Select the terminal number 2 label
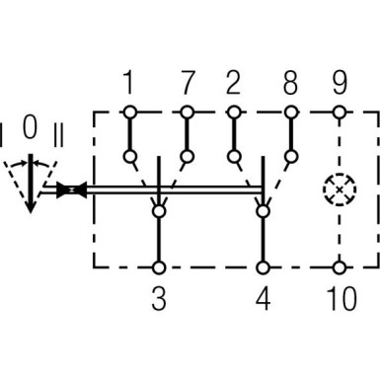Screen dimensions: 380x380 (x=234, y=80)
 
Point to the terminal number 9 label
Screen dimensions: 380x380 (x=341, y=80)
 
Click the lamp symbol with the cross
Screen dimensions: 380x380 (x=341, y=189)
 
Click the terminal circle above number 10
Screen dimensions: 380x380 (x=341, y=266)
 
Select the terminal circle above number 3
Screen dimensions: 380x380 (x=158, y=266)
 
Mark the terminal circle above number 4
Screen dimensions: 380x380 (x=262, y=266)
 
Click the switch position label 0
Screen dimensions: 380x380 (x=30, y=125)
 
